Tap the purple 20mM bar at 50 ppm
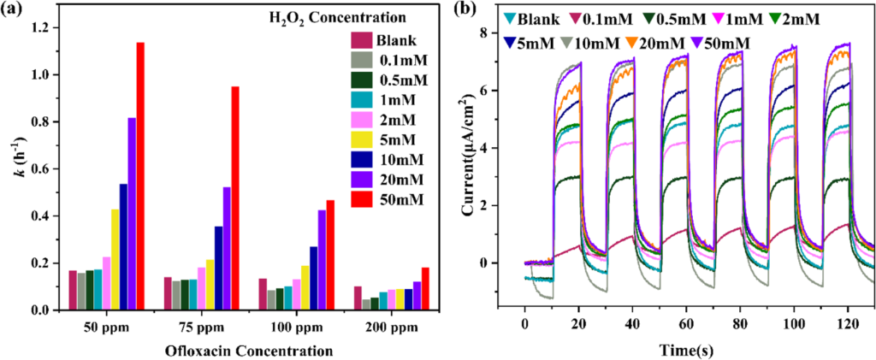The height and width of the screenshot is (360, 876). (x=132, y=214)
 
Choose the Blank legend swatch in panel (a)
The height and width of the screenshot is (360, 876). (x=363, y=40)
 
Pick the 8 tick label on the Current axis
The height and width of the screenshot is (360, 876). (x=506, y=32)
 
